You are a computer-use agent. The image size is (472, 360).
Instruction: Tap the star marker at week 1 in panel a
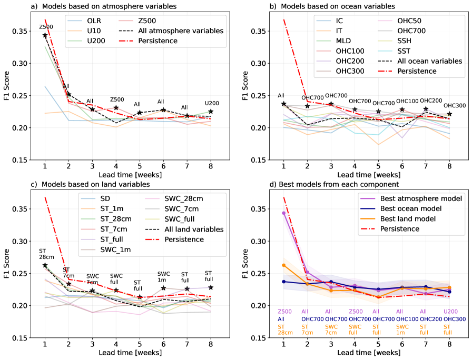pos(45,35)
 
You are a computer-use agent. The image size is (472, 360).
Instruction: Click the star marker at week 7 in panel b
pos(425,109)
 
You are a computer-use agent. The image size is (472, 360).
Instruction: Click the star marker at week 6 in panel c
pos(164,288)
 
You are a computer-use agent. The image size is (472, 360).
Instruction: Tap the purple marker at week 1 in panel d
pos(284,213)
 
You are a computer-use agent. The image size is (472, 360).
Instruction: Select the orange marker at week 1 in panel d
pos(284,265)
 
